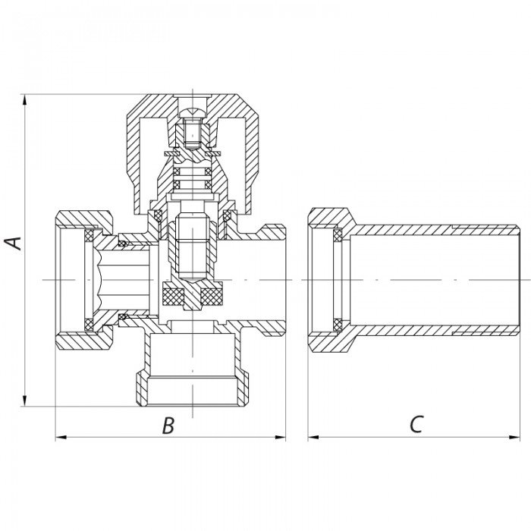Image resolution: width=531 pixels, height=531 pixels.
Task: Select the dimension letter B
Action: tap(169, 426)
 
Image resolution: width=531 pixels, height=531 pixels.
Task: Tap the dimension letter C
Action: tap(416, 426)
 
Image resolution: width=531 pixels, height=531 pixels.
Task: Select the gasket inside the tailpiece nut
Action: tap(335, 280)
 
